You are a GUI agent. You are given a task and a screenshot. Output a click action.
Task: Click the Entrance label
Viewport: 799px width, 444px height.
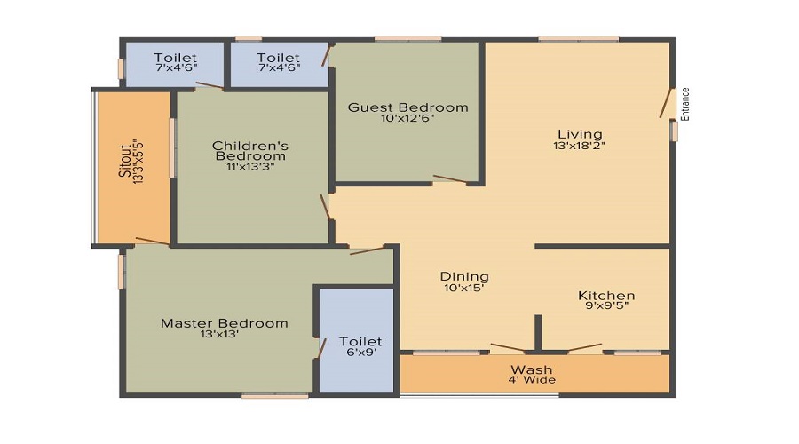click(685, 104)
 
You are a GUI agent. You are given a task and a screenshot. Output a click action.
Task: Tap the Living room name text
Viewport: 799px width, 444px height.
click(580, 134)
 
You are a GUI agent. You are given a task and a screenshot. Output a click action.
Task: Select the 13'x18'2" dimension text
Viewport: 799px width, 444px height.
click(580, 146)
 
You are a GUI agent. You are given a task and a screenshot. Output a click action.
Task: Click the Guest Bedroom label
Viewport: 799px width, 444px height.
click(407, 107)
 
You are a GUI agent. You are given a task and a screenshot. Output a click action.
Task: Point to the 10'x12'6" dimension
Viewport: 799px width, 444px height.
click(407, 118)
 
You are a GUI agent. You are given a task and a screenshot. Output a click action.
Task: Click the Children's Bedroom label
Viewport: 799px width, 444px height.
click(250, 151)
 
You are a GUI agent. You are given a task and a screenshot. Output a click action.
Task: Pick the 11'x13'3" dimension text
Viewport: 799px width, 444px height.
click(250, 167)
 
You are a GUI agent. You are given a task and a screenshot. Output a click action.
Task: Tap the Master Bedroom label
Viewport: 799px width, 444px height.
click(225, 323)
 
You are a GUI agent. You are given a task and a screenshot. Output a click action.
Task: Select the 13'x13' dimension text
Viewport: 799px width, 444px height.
click(219, 335)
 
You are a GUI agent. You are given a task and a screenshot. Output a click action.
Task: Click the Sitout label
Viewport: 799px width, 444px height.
click(125, 161)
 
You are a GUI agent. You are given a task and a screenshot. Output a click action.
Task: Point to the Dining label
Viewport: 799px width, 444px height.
click(464, 277)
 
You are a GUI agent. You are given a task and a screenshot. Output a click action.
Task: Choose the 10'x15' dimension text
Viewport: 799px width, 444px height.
click(463, 288)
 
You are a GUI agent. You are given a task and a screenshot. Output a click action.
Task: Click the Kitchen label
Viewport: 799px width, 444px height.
click(606, 296)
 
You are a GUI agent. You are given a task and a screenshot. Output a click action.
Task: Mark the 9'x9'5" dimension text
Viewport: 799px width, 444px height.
click(607, 305)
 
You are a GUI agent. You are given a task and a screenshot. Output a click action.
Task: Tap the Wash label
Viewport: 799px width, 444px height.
click(532, 369)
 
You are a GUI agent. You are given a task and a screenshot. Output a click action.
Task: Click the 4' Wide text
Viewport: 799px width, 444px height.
click(532, 380)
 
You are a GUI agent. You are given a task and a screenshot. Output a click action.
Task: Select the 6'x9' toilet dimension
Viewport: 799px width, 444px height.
click(360, 353)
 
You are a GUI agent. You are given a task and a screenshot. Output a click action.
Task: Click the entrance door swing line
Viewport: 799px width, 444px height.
click(666, 104)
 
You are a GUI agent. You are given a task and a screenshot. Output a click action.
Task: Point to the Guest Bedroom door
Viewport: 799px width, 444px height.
click(450, 178)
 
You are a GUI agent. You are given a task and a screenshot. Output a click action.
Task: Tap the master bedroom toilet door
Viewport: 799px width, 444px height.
click(322, 348)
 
